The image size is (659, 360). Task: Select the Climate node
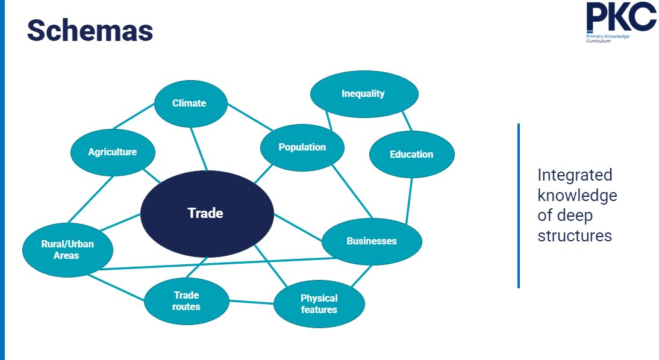[190, 103]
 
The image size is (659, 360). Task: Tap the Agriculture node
[113, 152]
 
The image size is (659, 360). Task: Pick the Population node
[302, 147]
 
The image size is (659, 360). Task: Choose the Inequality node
[363, 94]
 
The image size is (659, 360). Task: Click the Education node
[411, 154]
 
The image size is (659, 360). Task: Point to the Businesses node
[372, 241]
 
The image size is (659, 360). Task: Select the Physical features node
[319, 304]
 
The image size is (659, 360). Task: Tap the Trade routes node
[187, 300]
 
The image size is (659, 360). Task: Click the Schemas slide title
[90, 31]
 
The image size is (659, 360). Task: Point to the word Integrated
[575, 175]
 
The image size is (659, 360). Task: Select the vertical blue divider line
[518, 205]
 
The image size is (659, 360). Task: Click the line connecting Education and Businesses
[409, 202]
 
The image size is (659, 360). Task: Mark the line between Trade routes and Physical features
[251, 302]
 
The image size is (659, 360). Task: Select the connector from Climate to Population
[250, 118]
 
